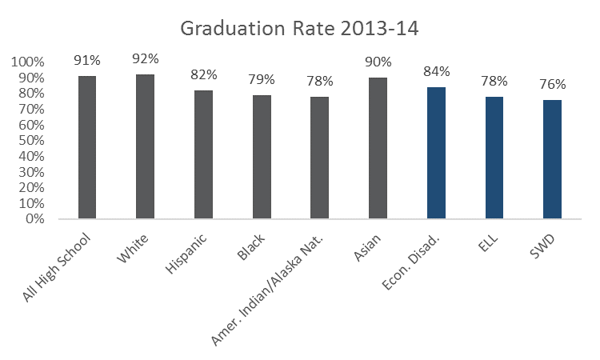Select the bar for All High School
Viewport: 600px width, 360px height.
[87, 147]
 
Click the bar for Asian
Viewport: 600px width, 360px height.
[378, 148]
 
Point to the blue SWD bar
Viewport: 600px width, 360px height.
[552, 159]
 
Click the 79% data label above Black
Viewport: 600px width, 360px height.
[262, 79]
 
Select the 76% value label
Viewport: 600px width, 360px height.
[552, 84]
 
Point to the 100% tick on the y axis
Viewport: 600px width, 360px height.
[30, 62]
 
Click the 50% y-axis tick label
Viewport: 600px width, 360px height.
[33, 141]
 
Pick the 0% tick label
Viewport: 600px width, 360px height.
[36, 218]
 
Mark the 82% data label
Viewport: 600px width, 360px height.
[203, 74]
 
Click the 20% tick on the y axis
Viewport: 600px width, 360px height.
[33, 187]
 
